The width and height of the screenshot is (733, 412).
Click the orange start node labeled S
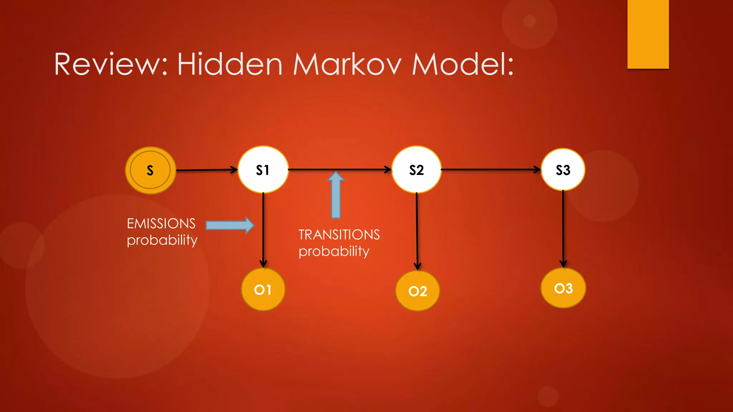coord(150,170)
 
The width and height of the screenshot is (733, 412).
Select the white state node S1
coord(263,170)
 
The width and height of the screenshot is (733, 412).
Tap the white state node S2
coord(416,170)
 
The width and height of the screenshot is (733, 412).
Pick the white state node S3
coord(563,170)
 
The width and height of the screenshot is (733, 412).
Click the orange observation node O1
coord(263,289)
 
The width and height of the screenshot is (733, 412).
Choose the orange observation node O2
coord(417,291)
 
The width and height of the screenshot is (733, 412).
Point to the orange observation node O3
coord(563,288)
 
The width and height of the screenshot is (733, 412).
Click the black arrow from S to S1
coord(207,170)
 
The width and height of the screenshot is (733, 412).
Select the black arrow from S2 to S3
coord(490,170)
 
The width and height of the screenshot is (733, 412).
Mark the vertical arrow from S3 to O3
coord(563,229)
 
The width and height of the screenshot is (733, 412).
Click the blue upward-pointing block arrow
coord(336,195)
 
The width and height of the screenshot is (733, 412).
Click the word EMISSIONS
coord(161,224)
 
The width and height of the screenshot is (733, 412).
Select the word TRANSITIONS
coord(339,235)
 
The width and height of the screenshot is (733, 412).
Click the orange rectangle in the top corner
coord(648,34)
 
